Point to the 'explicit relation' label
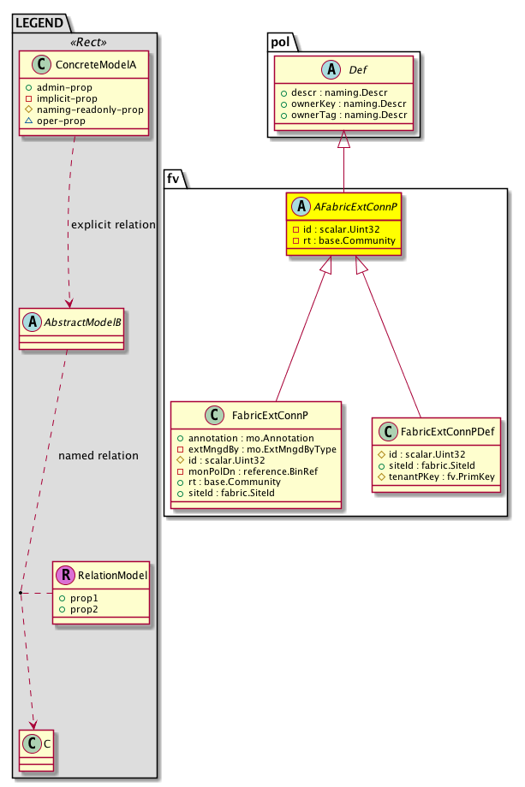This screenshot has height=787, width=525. point(113,225)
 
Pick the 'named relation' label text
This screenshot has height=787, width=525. point(98,456)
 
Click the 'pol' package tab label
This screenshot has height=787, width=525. point(280,40)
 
